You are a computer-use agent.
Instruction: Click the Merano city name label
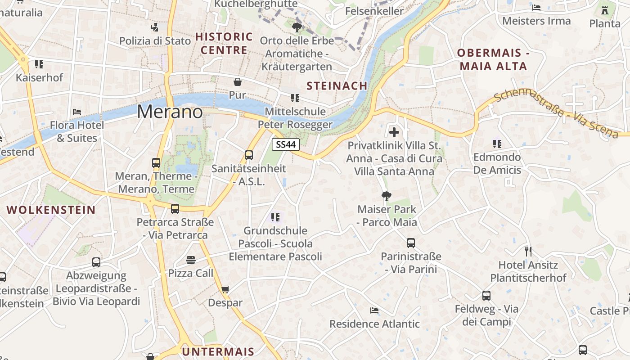point(170,112)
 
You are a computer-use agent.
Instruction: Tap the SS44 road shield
point(286,144)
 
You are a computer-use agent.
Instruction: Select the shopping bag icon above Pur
point(237,82)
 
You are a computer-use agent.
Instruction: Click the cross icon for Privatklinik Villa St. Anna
point(394,132)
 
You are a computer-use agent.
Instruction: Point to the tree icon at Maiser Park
point(386,196)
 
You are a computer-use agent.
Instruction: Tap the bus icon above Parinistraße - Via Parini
point(410,243)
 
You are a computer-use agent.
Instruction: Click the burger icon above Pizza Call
point(191,260)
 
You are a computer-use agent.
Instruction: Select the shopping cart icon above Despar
point(225,290)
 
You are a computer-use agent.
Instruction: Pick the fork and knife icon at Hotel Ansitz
point(528,251)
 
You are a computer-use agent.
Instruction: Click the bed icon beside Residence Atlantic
point(374,310)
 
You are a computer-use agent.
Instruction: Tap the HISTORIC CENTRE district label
point(224,43)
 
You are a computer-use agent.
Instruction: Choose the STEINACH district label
point(337,85)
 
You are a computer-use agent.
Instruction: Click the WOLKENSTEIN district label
point(51,210)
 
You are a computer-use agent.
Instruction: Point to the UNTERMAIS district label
point(218,351)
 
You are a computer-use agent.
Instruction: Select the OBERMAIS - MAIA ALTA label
point(492,59)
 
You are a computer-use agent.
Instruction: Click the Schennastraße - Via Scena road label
point(556,113)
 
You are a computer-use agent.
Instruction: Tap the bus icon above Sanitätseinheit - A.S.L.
point(249,155)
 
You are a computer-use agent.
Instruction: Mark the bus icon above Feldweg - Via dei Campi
point(486,296)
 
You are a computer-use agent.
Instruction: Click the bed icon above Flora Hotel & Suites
point(77,112)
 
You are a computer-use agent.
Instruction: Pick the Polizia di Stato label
point(155,40)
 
